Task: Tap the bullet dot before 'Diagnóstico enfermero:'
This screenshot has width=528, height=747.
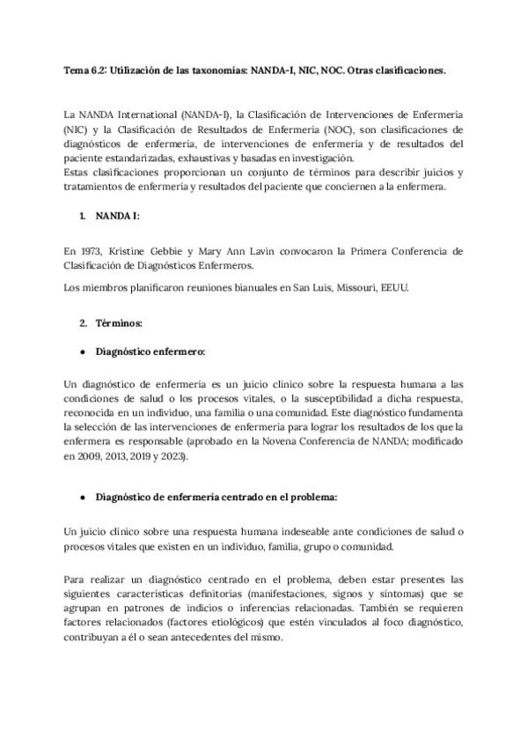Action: click(x=82, y=351)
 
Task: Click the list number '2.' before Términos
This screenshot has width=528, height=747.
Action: click(x=84, y=323)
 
